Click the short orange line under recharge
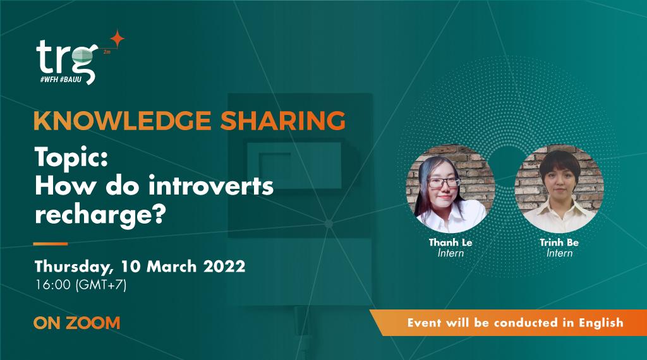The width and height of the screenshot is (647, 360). point(51,243)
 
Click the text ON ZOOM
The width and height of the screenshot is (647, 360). point(76,323)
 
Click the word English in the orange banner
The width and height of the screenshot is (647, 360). point(598,322)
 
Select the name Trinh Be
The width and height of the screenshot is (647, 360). point(559,243)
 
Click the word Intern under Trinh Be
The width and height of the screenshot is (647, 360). point(559,253)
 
